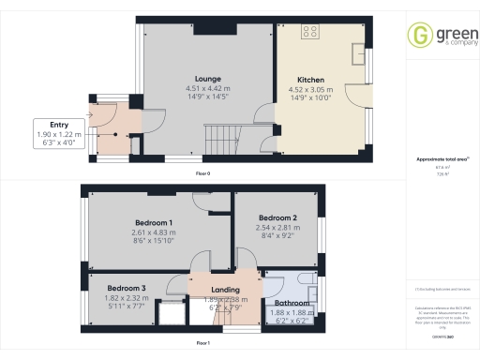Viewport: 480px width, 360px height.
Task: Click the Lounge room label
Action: (207, 80)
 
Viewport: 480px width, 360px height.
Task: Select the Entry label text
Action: (58, 125)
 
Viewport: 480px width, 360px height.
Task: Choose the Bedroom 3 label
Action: (126, 288)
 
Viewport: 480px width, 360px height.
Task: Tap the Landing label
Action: (224, 290)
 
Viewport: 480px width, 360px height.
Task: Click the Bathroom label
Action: (292, 303)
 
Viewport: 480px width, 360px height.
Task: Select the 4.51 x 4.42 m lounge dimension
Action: (207, 89)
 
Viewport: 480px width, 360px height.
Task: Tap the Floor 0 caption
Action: (202, 174)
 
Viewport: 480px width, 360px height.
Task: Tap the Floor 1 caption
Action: (202, 343)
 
